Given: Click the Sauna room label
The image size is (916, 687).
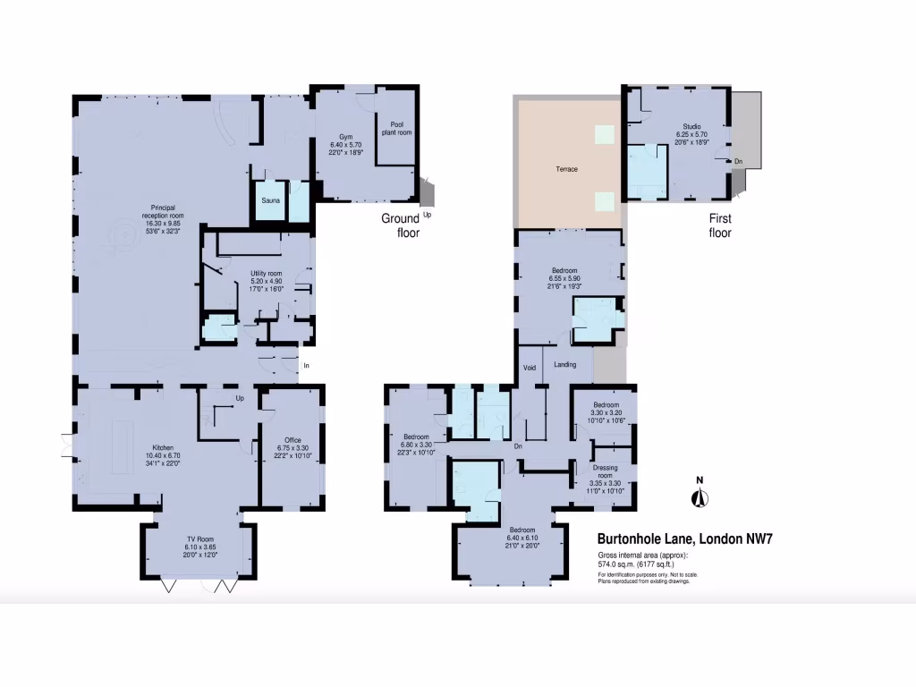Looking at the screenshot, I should (271, 201).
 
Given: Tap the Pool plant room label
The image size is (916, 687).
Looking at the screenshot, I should (394, 129).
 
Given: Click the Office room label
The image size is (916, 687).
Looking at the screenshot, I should (292, 439).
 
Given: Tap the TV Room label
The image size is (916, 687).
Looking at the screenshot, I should (200, 539).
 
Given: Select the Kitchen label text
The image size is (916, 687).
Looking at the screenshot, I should (162, 447).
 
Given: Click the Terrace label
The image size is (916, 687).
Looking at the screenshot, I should (566, 169).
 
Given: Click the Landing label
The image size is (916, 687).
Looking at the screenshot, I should (564, 364).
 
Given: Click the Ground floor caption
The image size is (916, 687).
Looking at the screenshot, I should (401, 225).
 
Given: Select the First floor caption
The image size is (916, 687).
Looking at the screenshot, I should (720, 225).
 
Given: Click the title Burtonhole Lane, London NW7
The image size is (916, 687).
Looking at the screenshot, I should (684, 539).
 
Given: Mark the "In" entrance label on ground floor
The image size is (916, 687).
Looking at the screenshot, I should (306, 365).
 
